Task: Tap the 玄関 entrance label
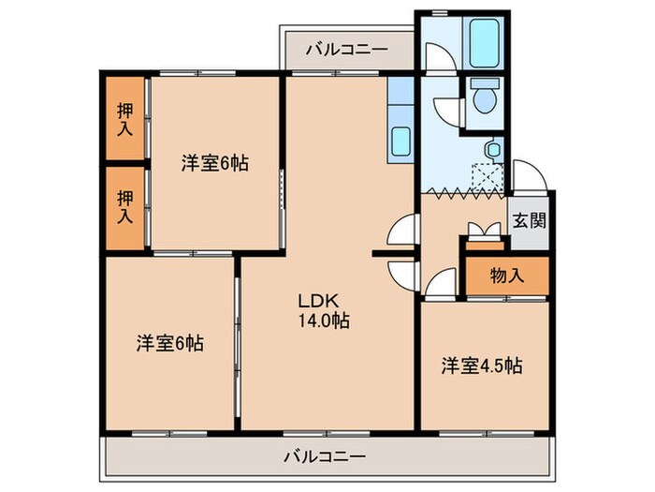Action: pos(530,222)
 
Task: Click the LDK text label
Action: pos(312,302)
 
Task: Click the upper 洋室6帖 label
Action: pos(214,162)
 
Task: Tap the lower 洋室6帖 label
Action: pos(169,343)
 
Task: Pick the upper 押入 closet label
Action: pos(124,118)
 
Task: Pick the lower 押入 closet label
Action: pos(124,207)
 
